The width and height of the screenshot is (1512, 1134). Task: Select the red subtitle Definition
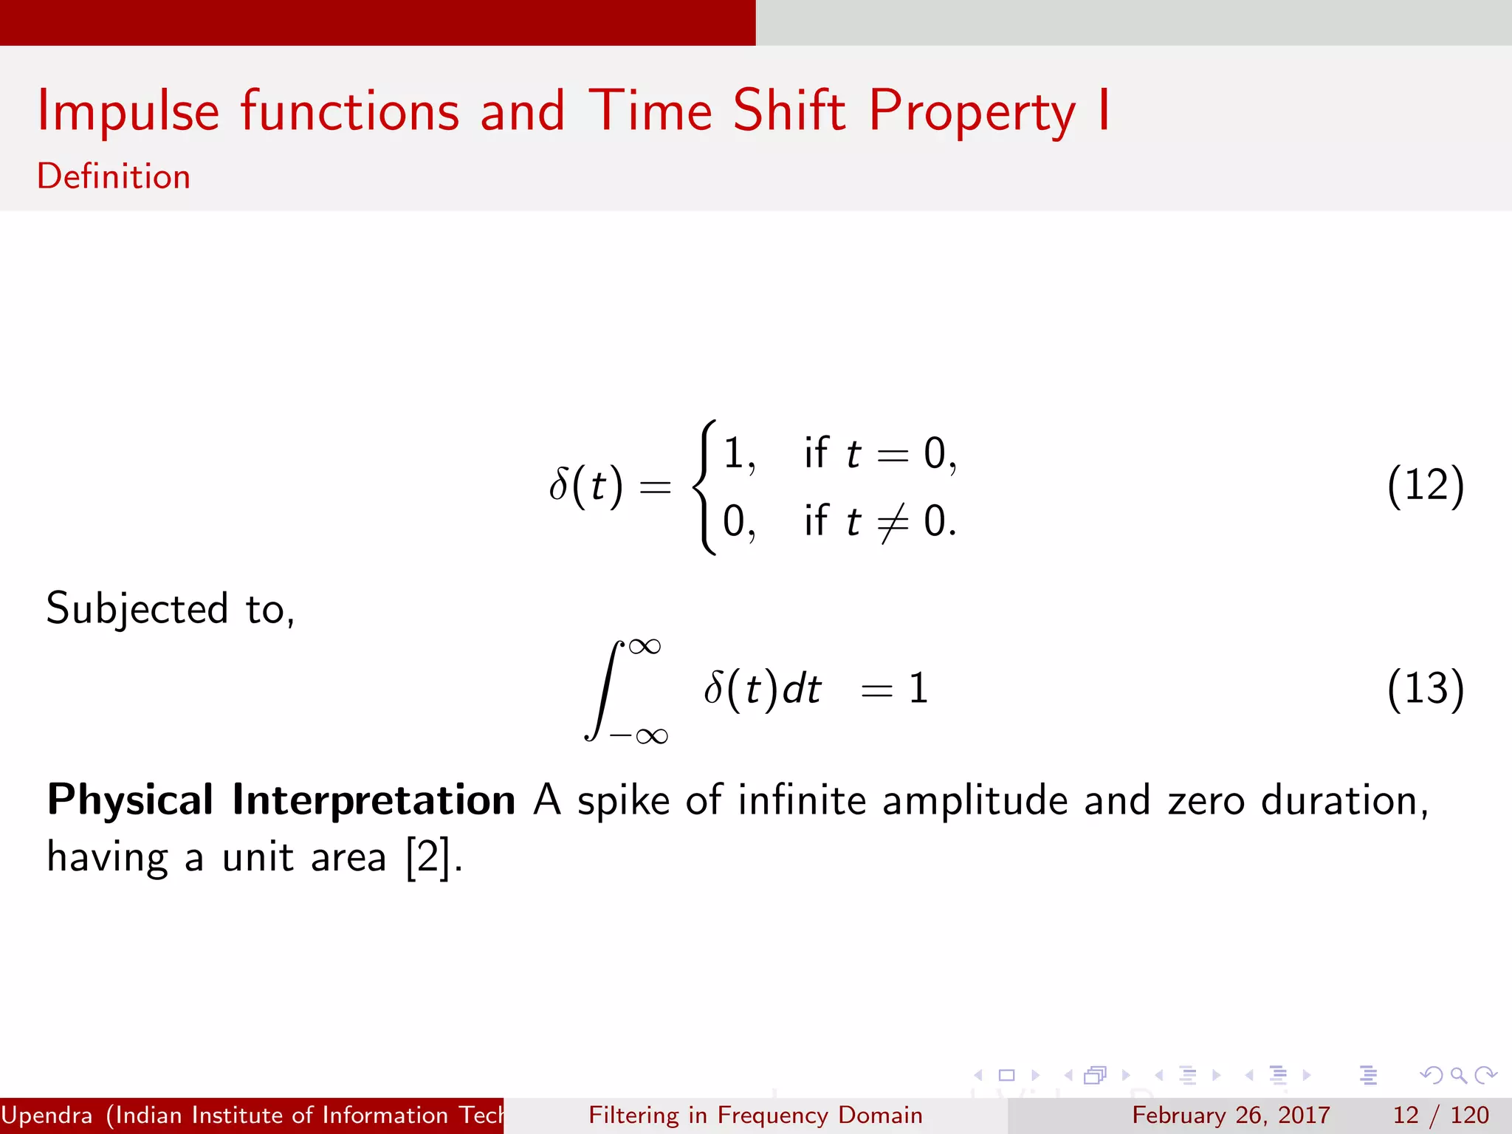coord(114,177)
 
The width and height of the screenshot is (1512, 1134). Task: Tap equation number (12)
coord(1425,486)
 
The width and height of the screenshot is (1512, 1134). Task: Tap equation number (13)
coord(1425,689)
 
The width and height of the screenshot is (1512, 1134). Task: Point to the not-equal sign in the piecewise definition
coord(892,522)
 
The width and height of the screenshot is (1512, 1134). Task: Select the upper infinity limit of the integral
coord(645,647)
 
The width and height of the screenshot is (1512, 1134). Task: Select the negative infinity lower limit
coord(639,736)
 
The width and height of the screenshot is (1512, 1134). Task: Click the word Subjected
coord(137,610)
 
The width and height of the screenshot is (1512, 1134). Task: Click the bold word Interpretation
coord(374,801)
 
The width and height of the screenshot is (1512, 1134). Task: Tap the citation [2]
coord(428,858)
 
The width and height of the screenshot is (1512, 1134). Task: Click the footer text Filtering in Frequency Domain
coord(755,1115)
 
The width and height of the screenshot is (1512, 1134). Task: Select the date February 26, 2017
coord(1231,1115)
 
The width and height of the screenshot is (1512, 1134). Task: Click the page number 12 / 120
coord(1440,1115)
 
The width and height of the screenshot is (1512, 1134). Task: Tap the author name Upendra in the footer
coord(47,1115)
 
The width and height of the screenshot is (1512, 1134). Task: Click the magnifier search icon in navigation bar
coord(1458,1076)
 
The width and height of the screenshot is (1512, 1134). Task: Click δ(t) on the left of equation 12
coord(586,487)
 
